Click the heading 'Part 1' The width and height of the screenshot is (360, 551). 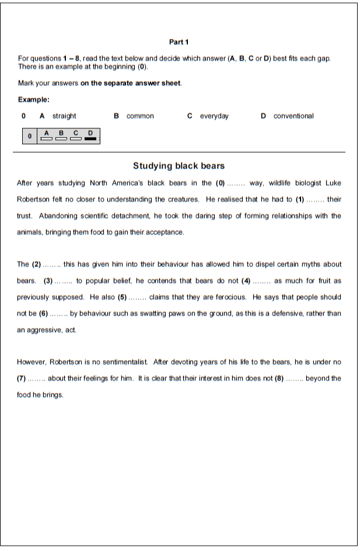[x=179, y=42]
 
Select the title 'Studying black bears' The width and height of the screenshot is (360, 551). [x=179, y=166]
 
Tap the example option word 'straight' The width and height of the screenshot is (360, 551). [x=64, y=116]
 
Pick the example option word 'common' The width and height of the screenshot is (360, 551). [x=140, y=116]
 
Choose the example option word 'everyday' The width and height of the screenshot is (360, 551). [x=214, y=116]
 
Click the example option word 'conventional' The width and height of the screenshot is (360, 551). [x=293, y=116]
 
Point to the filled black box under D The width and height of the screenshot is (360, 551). [x=90, y=139]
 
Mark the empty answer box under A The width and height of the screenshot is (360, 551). [x=46, y=139]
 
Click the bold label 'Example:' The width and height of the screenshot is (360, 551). [x=34, y=100]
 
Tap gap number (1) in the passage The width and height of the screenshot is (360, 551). [x=300, y=199]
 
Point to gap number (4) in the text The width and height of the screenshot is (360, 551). [x=246, y=281]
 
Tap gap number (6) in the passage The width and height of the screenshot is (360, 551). [x=43, y=314]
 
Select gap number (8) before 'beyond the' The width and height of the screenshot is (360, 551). [x=279, y=379]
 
